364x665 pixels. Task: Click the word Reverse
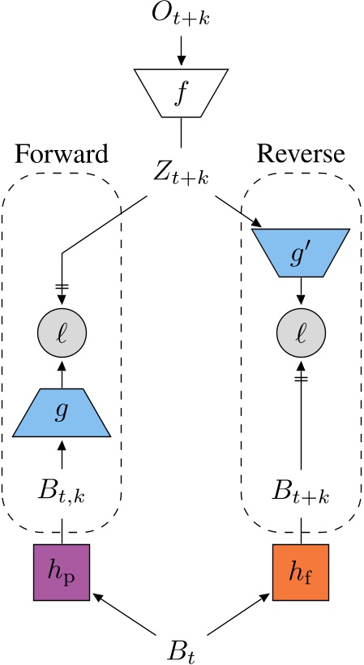(301, 154)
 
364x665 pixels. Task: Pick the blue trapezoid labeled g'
(301, 252)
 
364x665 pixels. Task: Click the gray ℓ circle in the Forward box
(62, 332)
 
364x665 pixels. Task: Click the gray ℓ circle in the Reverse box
(301, 332)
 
